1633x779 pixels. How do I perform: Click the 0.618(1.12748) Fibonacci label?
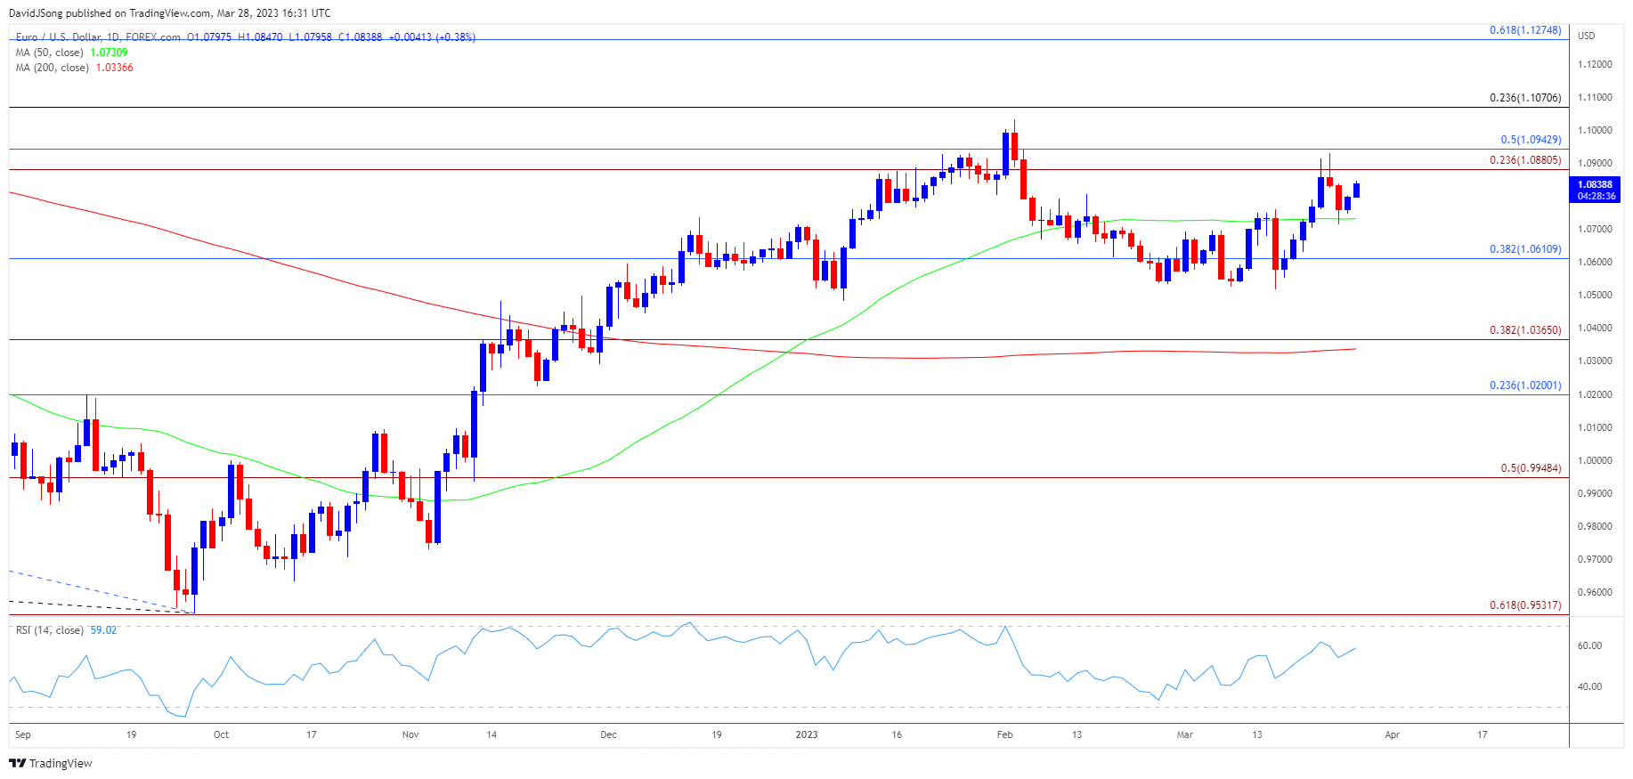pos(1525,30)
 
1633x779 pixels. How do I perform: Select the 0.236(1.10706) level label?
pos(1525,98)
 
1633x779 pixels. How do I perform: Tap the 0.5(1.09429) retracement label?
pos(1531,140)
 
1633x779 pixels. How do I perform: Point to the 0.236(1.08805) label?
pos(1525,160)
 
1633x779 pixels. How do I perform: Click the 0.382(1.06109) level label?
pos(1525,249)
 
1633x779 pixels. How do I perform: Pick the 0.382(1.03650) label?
pos(1525,330)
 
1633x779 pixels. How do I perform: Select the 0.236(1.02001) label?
pos(1525,385)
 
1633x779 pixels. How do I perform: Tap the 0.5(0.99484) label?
pos(1531,468)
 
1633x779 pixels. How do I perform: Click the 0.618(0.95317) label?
pos(1525,605)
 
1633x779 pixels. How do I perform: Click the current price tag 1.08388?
pos(1596,185)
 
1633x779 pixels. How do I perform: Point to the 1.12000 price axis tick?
pos(1595,65)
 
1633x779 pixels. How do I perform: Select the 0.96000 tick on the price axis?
pos(1595,592)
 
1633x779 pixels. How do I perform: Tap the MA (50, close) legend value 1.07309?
pos(109,53)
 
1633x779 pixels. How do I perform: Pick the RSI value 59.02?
pos(103,630)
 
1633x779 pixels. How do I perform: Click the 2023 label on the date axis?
pos(807,734)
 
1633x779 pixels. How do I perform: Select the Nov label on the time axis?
pos(410,734)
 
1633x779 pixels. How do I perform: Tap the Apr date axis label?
pos(1393,734)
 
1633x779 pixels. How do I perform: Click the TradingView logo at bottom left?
pos(51,763)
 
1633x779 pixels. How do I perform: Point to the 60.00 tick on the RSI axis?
pos(1589,645)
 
